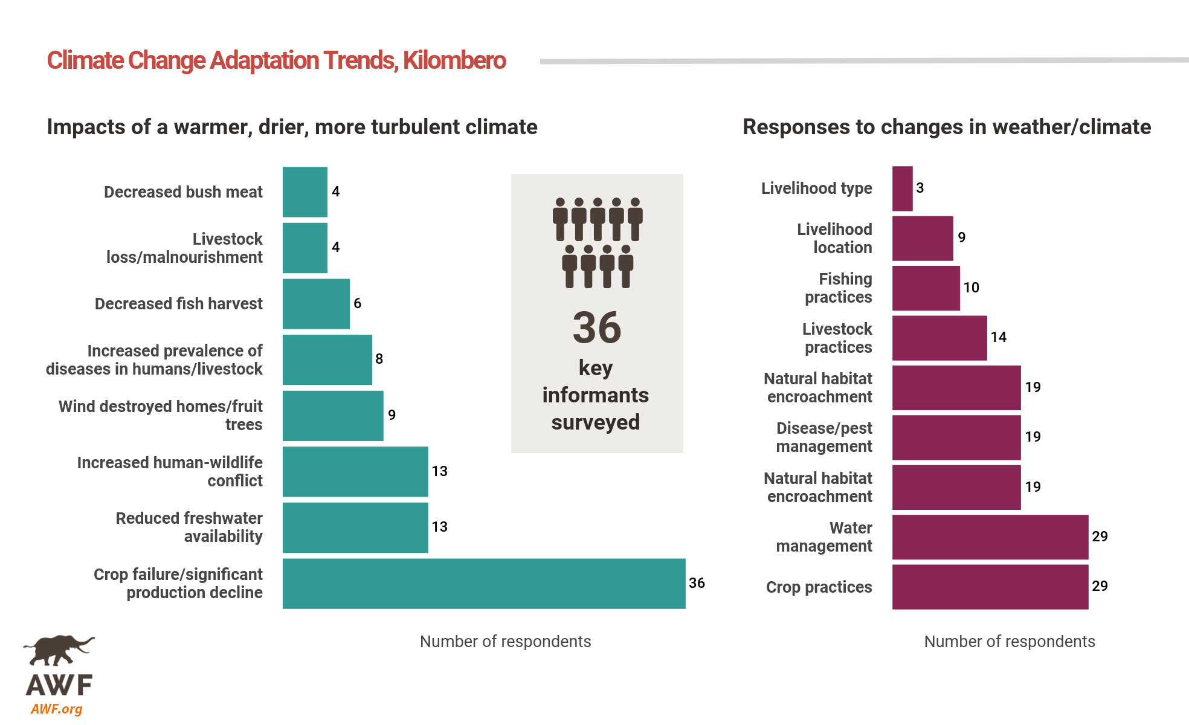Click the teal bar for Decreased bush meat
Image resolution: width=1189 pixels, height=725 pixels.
(304, 192)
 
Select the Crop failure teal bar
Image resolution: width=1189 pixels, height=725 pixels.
(483, 583)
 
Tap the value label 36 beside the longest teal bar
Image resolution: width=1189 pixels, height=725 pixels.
(697, 583)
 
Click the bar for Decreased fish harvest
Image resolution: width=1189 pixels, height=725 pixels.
(316, 303)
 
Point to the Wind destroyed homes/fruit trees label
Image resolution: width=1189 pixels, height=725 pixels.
(161, 415)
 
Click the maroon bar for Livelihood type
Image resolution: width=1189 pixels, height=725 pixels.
(902, 188)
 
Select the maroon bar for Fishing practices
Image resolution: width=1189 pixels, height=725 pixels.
(926, 288)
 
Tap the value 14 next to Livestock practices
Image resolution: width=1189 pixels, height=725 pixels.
(998, 337)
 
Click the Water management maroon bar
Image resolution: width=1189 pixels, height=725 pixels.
(990, 536)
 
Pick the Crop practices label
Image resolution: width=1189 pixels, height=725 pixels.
(819, 587)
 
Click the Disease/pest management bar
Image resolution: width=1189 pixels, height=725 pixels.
(956, 437)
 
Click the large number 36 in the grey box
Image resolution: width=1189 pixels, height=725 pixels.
(596, 328)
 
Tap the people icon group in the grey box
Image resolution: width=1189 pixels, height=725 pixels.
(597, 242)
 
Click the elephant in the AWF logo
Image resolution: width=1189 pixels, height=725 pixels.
(59, 649)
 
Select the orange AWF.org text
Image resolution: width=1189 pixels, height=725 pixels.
(56, 709)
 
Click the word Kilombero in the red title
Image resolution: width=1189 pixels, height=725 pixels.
(454, 60)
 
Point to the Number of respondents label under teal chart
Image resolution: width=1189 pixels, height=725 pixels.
(505, 642)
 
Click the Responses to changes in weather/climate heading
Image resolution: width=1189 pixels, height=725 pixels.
(946, 127)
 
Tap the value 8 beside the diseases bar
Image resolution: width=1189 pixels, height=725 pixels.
(379, 359)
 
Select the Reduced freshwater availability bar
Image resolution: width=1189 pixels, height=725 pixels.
(355, 527)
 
